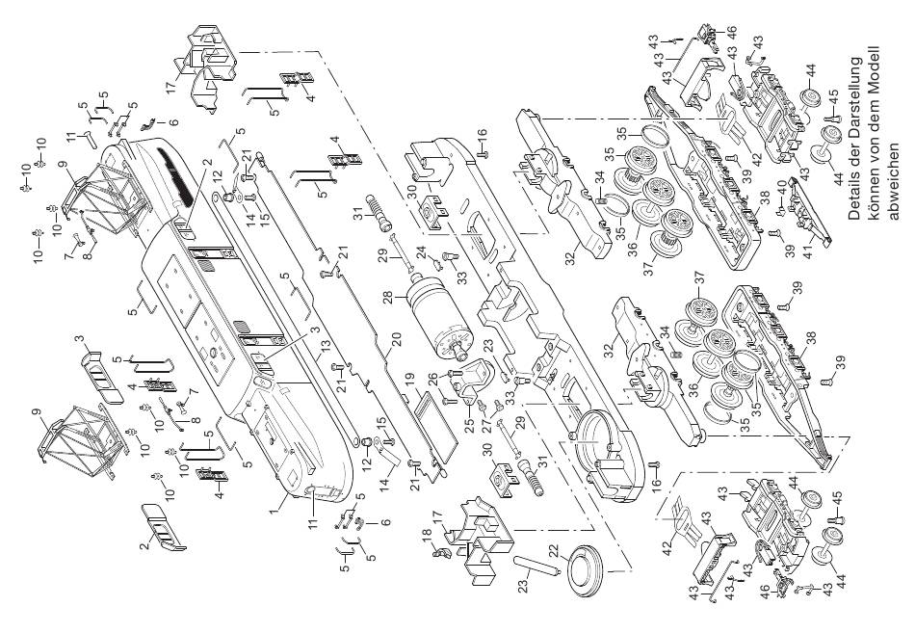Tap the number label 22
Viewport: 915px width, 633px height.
[554, 551]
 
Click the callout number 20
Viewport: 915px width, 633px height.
[396, 340]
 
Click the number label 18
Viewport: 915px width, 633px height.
[428, 535]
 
